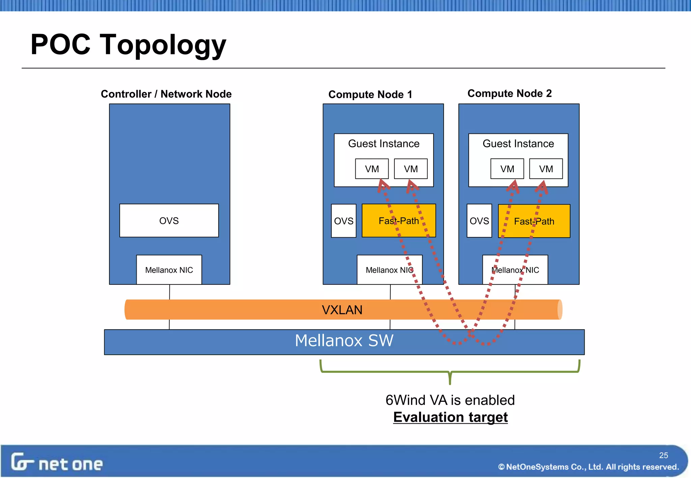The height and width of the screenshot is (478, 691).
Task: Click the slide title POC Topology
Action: coord(128,45)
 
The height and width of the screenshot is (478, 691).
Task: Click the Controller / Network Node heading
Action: coord(166,94)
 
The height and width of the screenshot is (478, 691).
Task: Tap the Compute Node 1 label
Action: coord(370,94)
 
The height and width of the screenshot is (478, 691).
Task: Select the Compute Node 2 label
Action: coord(509,93)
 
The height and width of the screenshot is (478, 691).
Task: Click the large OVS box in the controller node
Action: coord(169,221)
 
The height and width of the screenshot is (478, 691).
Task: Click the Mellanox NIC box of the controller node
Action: coord(169,270)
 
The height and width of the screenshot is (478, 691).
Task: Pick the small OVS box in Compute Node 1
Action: coord(343,221)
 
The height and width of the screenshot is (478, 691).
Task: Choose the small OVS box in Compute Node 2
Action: coord(479,221)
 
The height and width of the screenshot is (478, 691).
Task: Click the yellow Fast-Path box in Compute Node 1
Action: coord(398,221)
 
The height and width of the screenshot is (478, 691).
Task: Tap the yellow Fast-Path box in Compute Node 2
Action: coord(534,221)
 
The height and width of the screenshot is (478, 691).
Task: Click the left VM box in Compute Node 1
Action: coord(372,169)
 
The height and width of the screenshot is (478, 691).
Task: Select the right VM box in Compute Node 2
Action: coord(546,169)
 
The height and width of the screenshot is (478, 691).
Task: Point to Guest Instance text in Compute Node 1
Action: coord(384,144)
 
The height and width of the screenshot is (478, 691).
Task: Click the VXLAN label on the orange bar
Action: coord(342,310)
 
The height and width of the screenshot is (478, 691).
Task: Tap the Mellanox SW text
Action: coord(344,340)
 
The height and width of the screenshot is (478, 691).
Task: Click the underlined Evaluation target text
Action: coord(450,417)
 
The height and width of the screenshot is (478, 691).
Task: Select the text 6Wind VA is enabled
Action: coord(450,400)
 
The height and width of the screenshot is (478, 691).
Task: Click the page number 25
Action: coord(663,455)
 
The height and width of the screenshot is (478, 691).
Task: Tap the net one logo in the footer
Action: coord(57,462)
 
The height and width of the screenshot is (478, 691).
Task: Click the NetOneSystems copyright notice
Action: coord(588,467)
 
